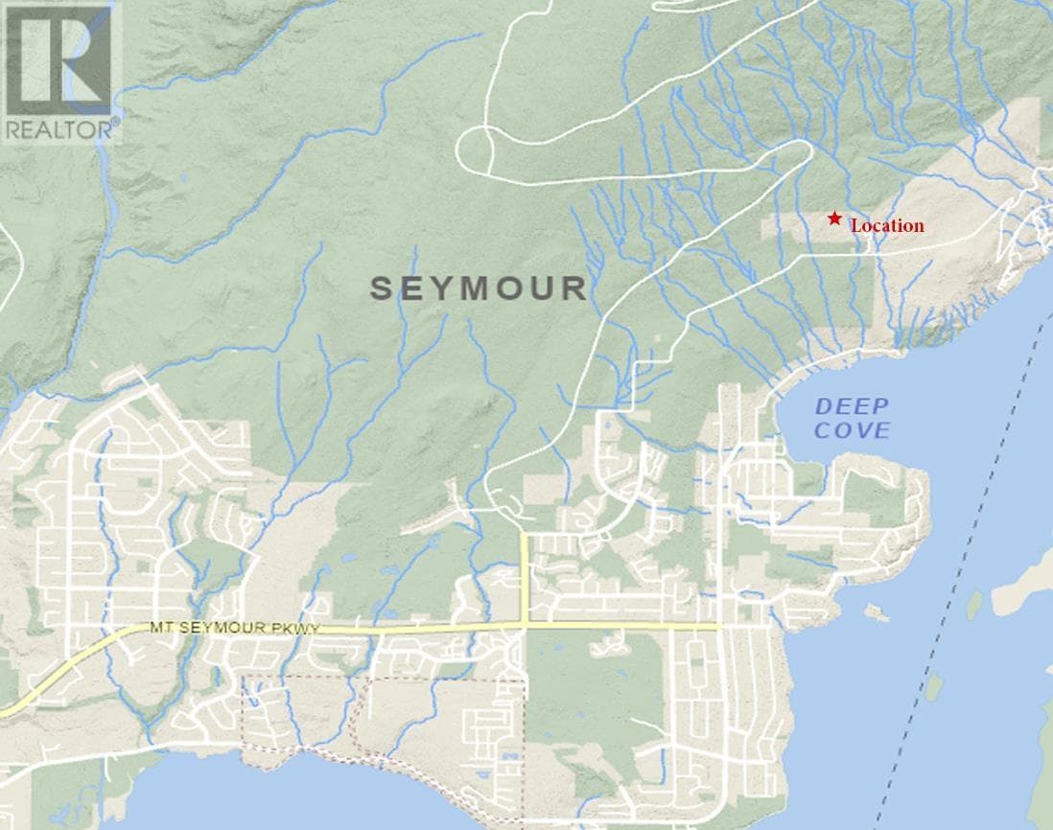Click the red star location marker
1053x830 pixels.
(834, 219)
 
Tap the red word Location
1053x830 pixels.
(887, 226)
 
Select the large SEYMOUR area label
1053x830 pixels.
(479, 288)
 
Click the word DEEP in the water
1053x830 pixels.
(852, 406)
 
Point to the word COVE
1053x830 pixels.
(852, 430)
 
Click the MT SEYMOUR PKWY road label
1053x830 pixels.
(234, 629)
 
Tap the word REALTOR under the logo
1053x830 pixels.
(59, 128)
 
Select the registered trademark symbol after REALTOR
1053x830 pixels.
(117, 122)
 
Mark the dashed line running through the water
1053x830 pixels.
(949, 575)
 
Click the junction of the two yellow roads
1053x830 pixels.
(525, 626)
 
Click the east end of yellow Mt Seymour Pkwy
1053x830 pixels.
(716, 626)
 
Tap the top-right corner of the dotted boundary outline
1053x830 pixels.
(525, 680)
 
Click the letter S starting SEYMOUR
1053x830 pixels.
(382, 288)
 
